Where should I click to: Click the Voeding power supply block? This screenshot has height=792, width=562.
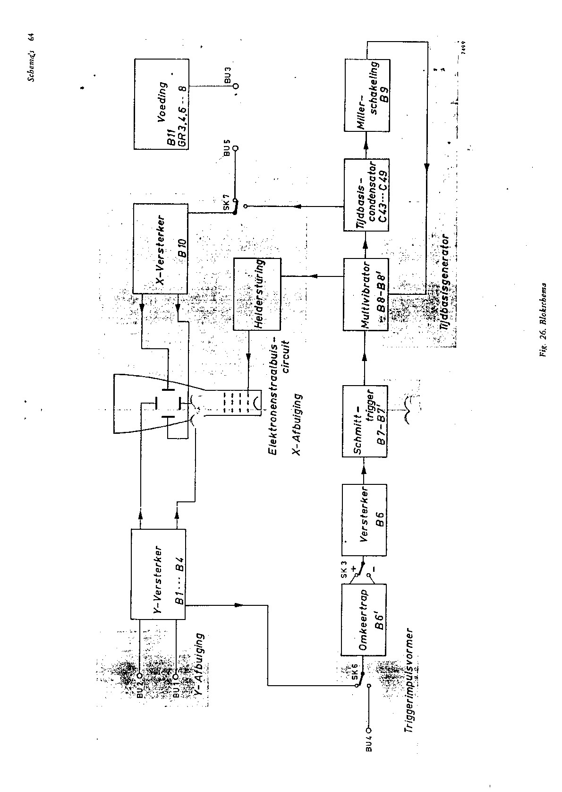coord(161,104)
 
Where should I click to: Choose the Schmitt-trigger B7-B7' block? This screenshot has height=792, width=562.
coord(365,421)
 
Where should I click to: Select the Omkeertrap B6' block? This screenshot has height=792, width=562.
coord(364,619)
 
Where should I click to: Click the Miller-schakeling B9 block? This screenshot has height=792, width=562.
coord(366,95)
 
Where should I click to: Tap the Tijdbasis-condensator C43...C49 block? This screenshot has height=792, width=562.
coord(366,195)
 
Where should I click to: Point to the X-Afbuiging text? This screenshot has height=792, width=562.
coord(297,424)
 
